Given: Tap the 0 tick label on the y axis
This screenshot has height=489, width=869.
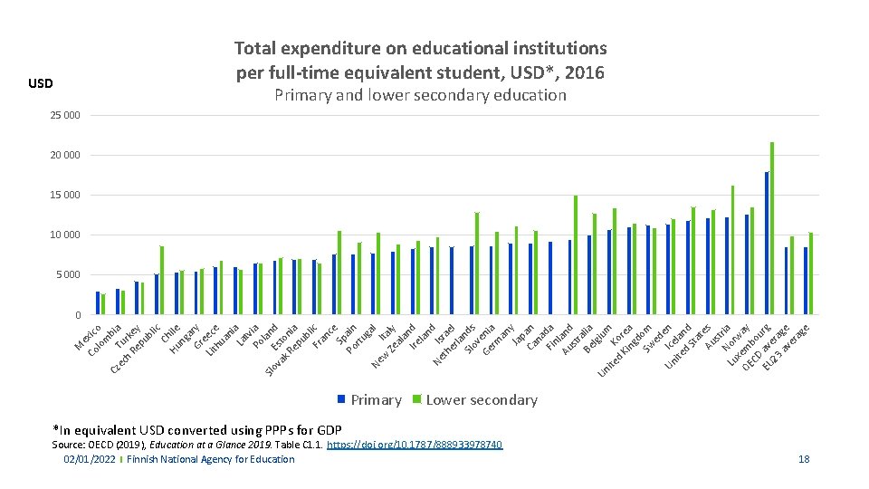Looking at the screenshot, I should (x=77, y=315).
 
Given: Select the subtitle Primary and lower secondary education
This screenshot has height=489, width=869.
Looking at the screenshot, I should (x=420, y=95).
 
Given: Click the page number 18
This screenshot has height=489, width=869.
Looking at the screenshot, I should (x=804, y=459).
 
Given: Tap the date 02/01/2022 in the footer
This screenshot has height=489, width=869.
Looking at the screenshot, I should (x=89, y=459).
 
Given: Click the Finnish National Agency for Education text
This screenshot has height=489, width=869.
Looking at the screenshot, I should (x=210, y=459).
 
